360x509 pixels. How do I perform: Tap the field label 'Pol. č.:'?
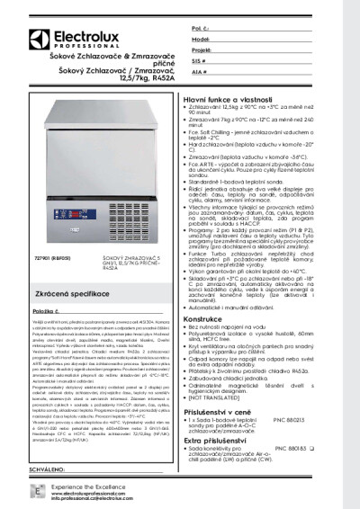point(201,30)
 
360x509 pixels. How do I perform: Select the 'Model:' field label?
point(201,40)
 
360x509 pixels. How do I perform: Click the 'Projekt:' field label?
point(202,50)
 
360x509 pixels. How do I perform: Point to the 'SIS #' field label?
point(199,61)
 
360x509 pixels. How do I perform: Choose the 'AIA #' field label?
point(200,71)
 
